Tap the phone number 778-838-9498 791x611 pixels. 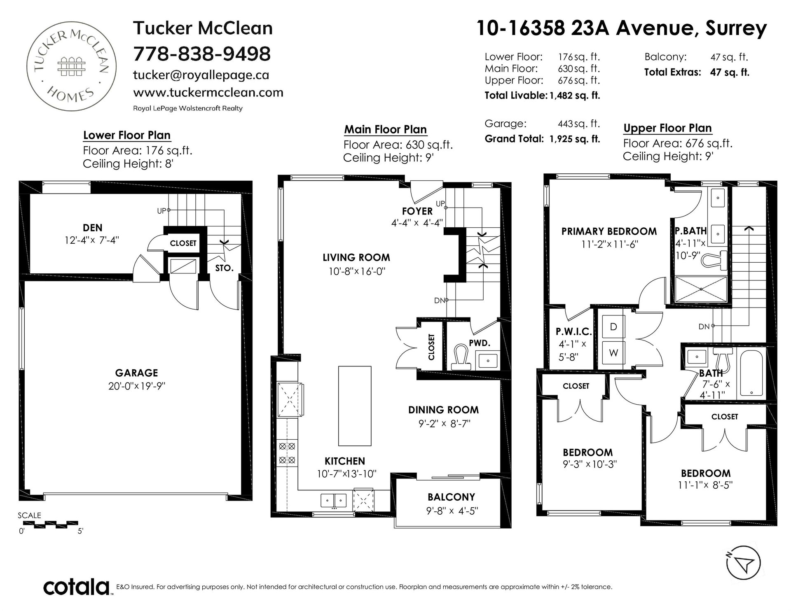202,54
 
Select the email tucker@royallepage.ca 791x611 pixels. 201,75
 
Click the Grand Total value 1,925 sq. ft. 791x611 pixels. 575,139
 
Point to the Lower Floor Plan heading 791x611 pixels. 127,135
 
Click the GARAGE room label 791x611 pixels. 136,373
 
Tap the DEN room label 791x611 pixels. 93,228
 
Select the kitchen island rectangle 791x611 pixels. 355,406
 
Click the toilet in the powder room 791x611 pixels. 461,357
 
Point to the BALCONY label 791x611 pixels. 451,497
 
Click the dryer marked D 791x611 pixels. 613,327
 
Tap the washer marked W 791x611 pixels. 613,353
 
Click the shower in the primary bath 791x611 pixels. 701,289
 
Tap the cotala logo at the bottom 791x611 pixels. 77,587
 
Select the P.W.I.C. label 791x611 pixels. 573,331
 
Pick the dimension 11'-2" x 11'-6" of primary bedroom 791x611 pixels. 610,244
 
